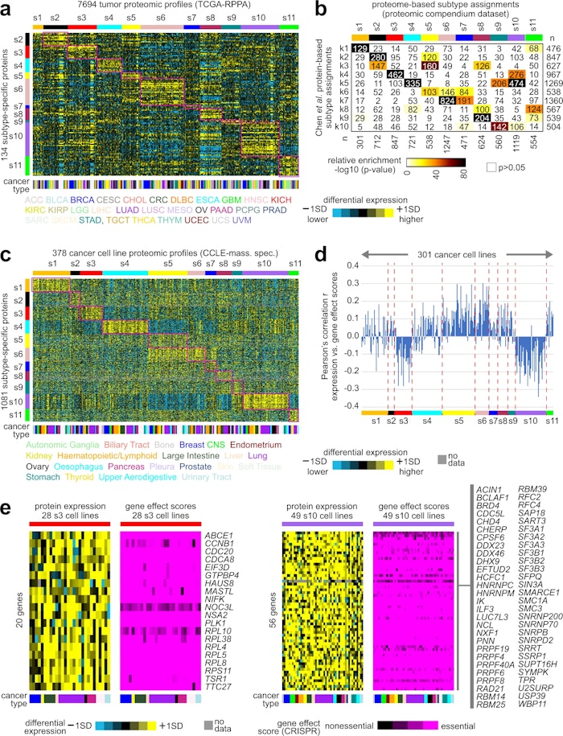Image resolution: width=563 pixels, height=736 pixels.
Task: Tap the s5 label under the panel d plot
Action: point(459,420)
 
